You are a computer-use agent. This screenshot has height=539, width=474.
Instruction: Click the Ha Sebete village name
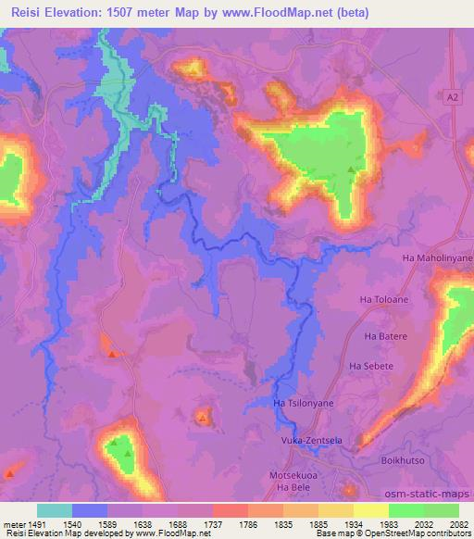370,367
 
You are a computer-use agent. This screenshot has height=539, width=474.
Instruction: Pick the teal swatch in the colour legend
55,510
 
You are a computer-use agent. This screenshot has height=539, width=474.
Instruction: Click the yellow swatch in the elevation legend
371,510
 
